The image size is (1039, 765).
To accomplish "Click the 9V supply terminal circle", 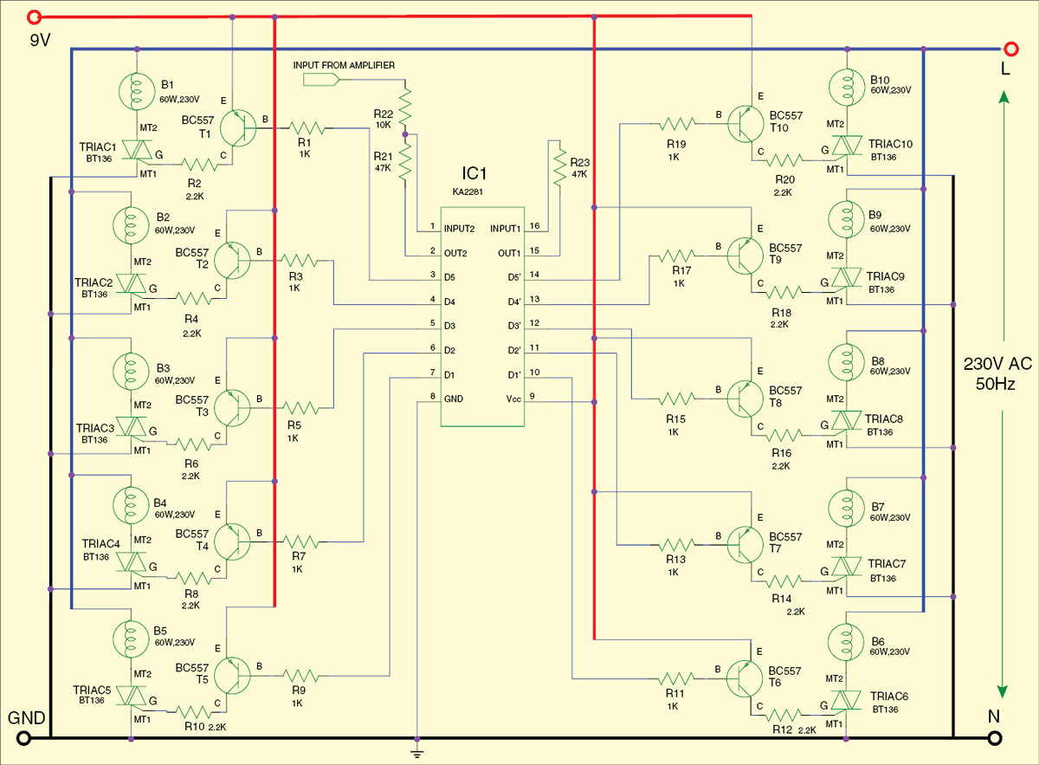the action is coord(34,17).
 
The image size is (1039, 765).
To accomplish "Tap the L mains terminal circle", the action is coord(1011,49).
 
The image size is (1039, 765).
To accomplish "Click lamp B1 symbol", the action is coord(137,92).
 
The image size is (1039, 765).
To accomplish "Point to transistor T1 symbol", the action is coord(237,128).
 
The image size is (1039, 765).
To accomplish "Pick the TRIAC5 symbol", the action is coord(132,696).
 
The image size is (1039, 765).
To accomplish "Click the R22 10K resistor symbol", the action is coord(405,106).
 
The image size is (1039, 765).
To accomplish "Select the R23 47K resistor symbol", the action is coord(560,167).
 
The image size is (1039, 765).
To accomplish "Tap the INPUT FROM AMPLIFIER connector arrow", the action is coord(321,80).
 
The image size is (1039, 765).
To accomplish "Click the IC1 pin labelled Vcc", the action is coord(513,399).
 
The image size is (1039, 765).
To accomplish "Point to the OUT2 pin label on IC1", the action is coord(455,254).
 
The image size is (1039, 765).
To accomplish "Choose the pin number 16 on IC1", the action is coord(534,226).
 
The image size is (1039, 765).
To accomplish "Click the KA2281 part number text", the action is coord(468,191).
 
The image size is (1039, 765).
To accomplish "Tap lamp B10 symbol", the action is coord(847,88).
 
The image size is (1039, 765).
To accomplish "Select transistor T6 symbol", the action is coord(745,679).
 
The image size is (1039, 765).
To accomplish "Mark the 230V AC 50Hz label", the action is coord(997,373).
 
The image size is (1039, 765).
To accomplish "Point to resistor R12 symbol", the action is coord(784,715).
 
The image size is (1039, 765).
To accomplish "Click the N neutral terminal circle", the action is coord(995,738).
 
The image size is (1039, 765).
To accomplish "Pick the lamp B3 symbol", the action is coord(131,371).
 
